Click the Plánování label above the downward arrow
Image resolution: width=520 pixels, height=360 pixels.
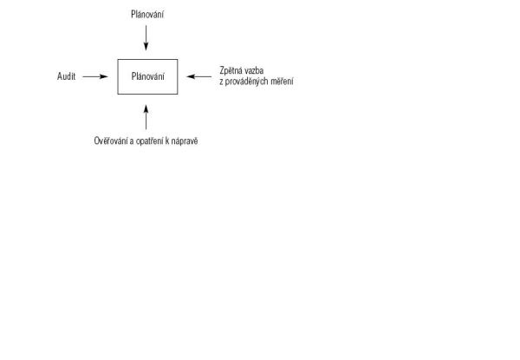[147, 14]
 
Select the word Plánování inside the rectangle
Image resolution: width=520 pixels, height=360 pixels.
[148, 76]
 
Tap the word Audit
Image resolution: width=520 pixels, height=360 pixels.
[67, 76]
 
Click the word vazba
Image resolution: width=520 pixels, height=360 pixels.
[253, 70]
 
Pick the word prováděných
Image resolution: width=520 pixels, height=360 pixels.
[244, 82]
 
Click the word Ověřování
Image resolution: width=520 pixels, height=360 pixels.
[111, 141]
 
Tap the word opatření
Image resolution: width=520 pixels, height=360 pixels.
[149, 141]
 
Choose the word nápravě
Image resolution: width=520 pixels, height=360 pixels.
[185, 141]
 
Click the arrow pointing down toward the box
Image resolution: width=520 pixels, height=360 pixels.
[146, 38]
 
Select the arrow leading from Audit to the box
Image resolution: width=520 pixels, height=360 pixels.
[95, 76]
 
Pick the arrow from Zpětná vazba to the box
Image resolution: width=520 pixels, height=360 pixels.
[199, 76]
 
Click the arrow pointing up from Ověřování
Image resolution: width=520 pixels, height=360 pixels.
[146, 117]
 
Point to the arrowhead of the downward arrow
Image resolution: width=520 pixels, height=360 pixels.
[146, 47]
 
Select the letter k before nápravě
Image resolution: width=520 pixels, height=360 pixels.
[167, 141]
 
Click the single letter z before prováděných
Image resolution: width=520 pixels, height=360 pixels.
[221, 82]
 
